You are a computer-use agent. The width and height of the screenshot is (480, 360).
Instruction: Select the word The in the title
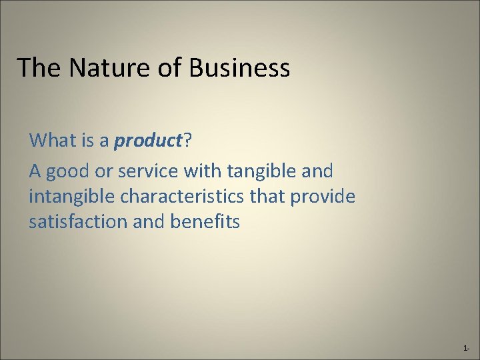coord(37,68)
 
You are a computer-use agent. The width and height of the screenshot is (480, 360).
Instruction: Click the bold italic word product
coord(148,141)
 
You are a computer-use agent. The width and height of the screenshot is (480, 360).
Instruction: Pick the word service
coord(146,172)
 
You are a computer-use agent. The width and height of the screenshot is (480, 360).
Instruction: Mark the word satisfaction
coord(79,222)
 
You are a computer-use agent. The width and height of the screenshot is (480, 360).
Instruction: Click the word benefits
coord(203,222)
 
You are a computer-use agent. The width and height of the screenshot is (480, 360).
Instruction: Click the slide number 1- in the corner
coord(466,348)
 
